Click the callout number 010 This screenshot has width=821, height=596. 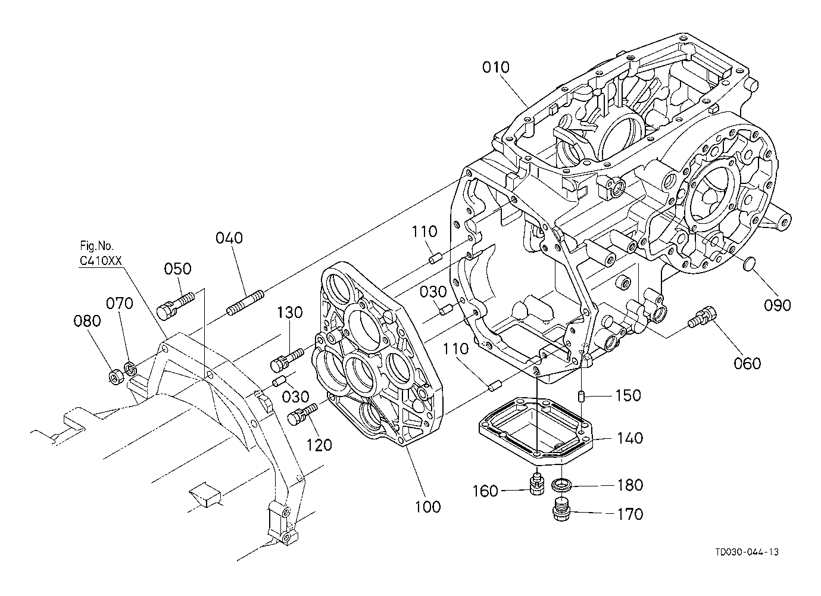496,67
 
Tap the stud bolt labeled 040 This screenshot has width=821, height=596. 245,303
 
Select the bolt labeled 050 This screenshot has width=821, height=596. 176,307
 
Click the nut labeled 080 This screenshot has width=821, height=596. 117,376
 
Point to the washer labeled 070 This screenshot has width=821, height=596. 131,370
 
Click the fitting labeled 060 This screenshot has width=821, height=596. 701,317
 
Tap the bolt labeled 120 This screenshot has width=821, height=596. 303,414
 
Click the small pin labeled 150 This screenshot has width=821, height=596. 581,397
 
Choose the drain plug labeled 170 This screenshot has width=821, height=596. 561,508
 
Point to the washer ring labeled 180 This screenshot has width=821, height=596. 561,484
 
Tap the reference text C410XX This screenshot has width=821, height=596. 101,261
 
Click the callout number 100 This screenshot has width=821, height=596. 427,507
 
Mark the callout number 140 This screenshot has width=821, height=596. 629,438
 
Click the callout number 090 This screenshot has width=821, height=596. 778,305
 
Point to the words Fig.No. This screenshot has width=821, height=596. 97,245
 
